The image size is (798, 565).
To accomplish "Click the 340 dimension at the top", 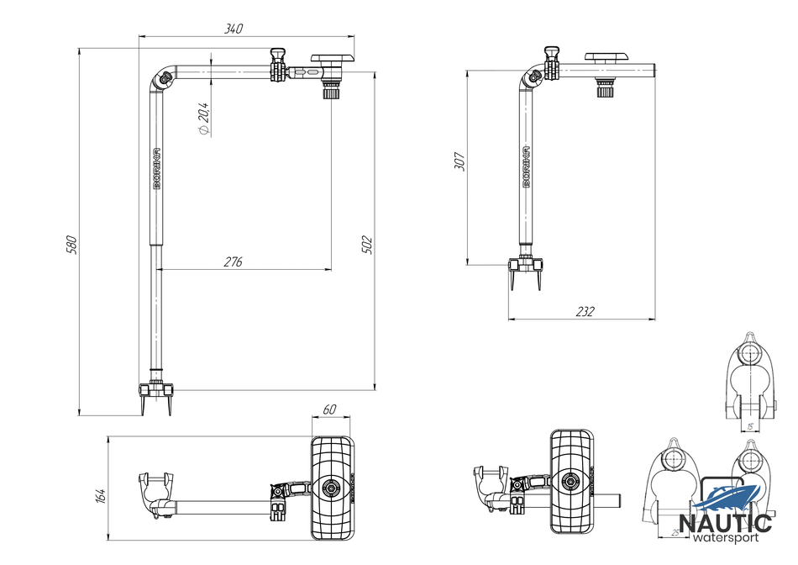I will [x=234, y=29].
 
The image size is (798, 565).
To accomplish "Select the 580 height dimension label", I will [x=72, y=244].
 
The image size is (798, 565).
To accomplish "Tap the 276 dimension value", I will [x=233, y=262].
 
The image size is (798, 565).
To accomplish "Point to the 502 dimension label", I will [x=367, y=244].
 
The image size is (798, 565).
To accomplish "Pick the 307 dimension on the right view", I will [x=459, y=161].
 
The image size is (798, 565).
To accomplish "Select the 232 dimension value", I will [x=585, y=312].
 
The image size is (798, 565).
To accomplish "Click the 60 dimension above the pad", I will [x=330, y=409].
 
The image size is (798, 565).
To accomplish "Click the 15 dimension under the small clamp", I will [x=749, y=426].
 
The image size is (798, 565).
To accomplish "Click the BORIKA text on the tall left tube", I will [x=157, y=168].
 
